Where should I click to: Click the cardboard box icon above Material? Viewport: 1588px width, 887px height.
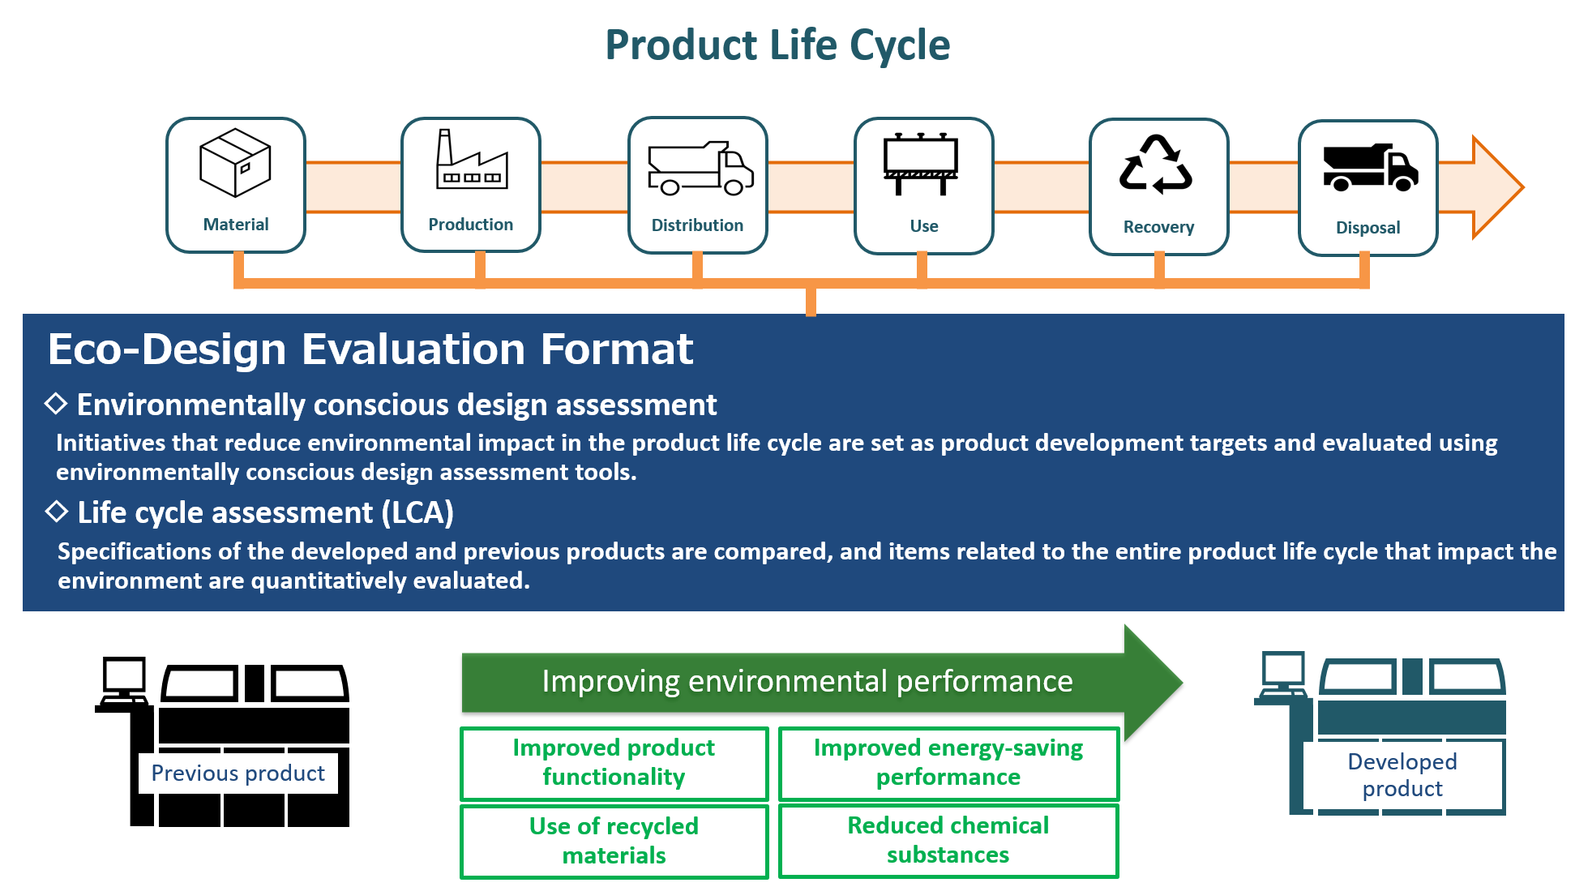235,163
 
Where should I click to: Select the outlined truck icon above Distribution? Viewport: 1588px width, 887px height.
700,169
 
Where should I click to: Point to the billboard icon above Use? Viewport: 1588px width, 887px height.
921,165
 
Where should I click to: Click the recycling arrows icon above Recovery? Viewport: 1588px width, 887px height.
1156,165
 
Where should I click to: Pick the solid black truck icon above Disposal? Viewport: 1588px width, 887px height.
1370,168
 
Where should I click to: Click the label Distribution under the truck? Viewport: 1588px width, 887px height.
697,225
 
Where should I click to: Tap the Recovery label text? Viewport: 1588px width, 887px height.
1158,227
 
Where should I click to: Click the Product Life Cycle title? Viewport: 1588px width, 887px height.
777,45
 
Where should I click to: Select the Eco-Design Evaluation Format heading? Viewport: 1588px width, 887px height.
370,349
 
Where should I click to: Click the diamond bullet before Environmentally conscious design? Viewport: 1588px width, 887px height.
56,403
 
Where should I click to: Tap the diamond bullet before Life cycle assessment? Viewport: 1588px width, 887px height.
57,511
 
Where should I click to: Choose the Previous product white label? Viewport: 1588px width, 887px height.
238,773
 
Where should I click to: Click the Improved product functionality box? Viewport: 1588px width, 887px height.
614,763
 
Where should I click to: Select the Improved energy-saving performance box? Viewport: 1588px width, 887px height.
948,763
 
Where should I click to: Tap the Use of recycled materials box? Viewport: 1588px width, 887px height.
614,841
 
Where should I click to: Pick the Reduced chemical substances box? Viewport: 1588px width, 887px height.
948,840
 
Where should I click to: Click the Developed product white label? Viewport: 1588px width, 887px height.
1402,775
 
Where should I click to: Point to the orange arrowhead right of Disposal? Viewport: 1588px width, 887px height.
1496,187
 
